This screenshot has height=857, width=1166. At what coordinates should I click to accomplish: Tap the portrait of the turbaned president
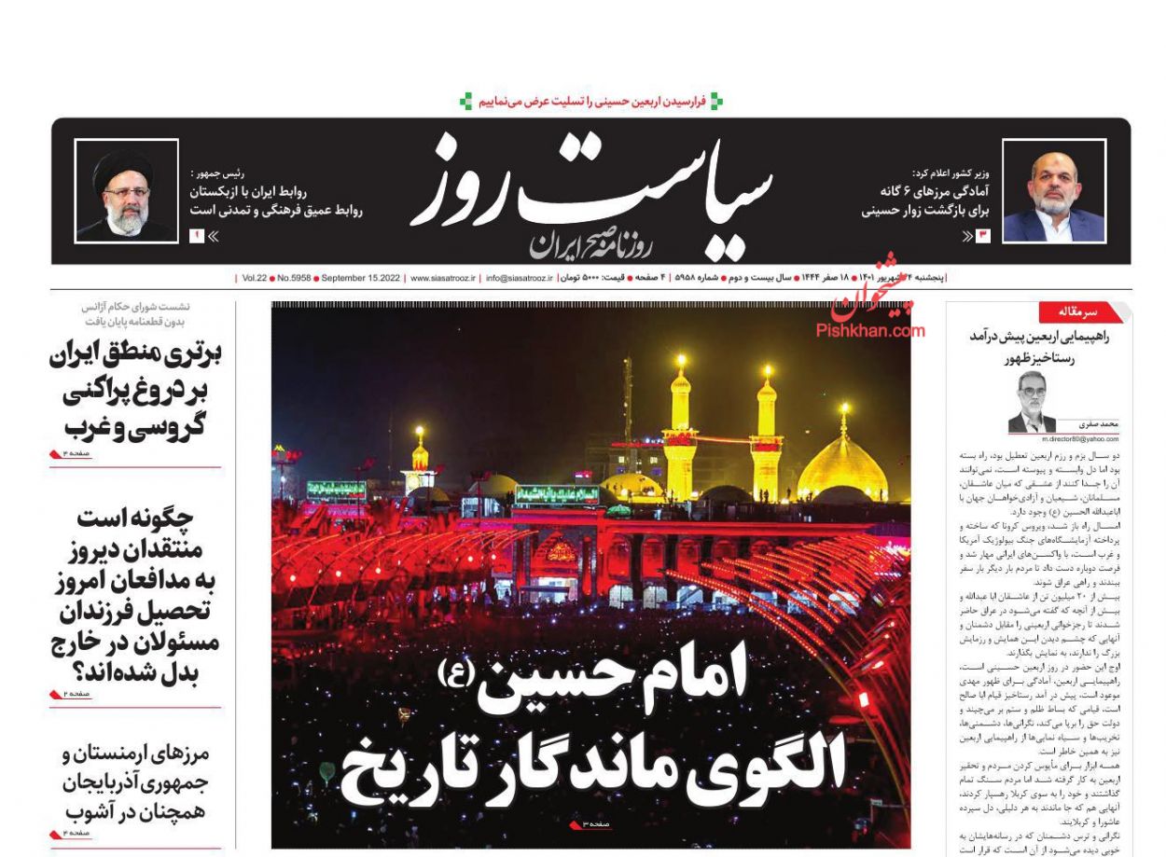(x=125, y=192)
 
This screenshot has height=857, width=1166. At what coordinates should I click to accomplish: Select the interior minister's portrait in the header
(x=1054, y=191)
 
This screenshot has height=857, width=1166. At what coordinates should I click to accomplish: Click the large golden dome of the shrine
(x=842, y=466)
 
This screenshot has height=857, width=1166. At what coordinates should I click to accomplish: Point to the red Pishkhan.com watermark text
(x=870, y=329)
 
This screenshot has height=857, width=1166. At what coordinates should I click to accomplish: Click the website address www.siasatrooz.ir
(x=443, y=278)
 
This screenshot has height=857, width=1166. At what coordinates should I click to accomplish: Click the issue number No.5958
(x=291, y=278)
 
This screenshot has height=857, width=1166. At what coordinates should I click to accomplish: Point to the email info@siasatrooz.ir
(x=520, y=278)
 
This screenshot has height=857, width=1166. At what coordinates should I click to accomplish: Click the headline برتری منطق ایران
(x=135, y=355)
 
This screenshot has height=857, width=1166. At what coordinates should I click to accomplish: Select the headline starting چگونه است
(x=135, y=517)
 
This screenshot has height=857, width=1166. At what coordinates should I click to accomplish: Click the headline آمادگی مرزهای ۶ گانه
(x=926, y=191)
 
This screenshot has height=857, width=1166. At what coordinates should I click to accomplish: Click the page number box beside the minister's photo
(x=982, y=237)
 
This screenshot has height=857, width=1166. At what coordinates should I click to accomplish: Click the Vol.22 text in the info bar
(x=255, y=278)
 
